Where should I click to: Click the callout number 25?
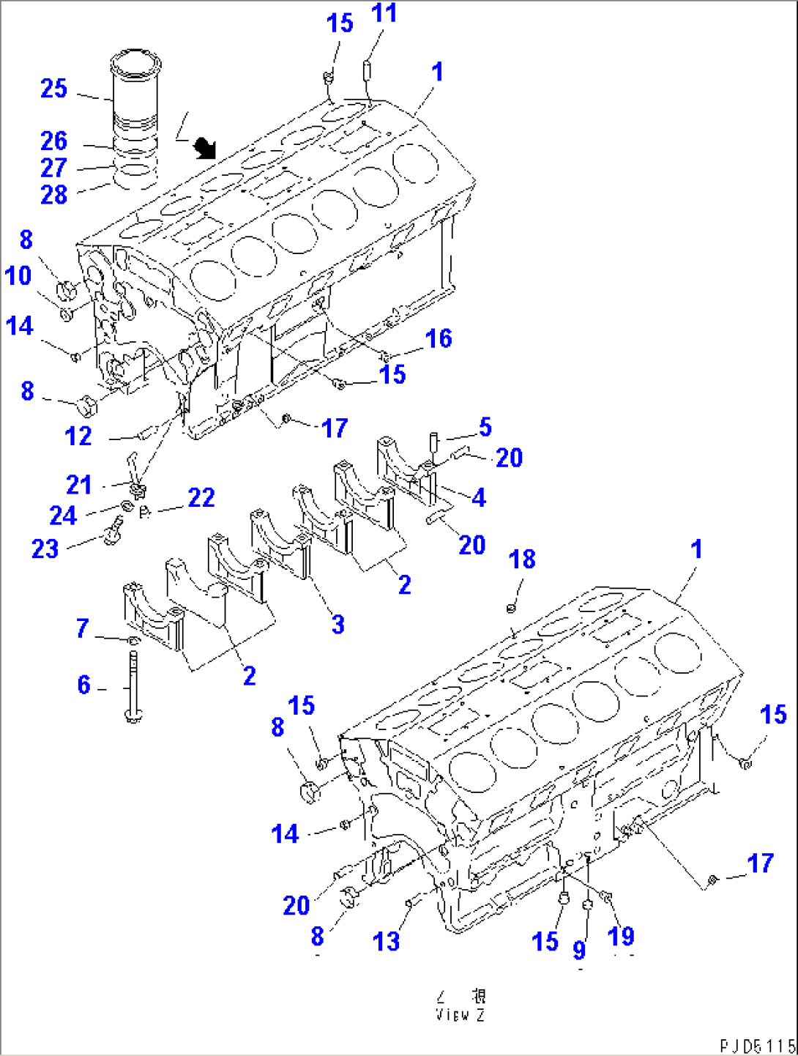click(54, 89)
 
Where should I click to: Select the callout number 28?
click(54, 195)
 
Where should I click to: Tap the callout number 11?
click(384, 13)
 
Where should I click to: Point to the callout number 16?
click(439, 338)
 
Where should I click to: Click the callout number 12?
click(78, 436)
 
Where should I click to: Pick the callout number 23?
click(45, 549)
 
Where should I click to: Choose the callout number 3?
click(338, 625)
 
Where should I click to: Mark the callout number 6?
click(84, 685)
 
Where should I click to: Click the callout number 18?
click(522, 559)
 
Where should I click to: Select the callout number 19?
click(621, 936)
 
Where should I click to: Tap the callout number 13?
click(386, 942)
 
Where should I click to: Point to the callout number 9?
click(579, 951)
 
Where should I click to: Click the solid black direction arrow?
click(205, 149)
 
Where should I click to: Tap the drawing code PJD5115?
click(757, 1046)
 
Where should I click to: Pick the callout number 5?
click(485, 428)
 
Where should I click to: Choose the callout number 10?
click(18, 276)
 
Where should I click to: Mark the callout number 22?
click(201, 498)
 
